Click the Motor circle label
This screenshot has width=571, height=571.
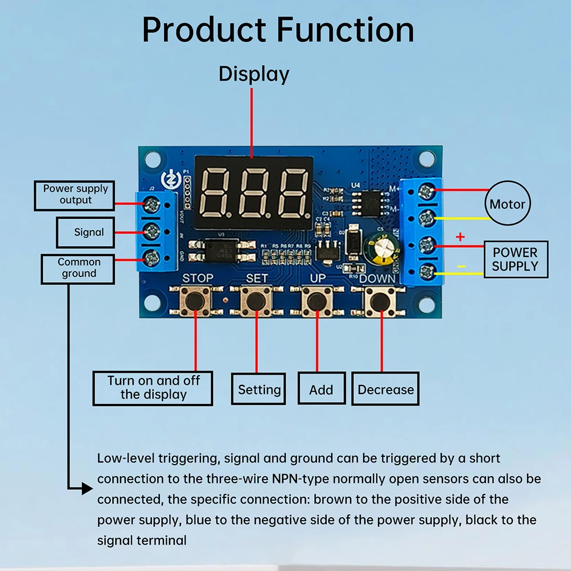(x=508, y=204)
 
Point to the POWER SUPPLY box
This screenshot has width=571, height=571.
(x=515, y=259)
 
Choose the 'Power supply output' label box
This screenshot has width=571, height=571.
(x=75, y=195)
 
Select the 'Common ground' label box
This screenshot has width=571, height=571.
(x=78, y=268)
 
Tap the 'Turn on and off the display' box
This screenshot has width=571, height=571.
(x=153, y=388)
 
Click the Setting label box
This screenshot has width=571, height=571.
(x=259, y=389)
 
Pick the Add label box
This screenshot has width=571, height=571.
(x=321, y=389)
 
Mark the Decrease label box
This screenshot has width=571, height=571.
(x=385, y=389)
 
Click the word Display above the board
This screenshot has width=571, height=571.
(x=254, y=74)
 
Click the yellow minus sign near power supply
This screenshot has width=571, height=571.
(x=461, y=266)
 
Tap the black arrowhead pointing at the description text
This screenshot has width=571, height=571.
(x=86, y=488)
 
